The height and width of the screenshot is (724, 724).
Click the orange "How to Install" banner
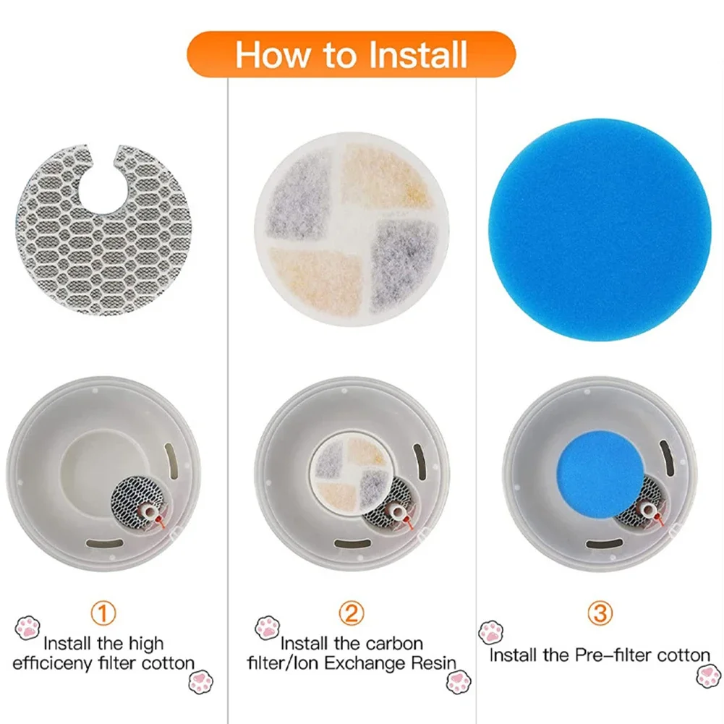tap(352, 54)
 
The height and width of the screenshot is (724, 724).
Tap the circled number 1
tap(103, 614)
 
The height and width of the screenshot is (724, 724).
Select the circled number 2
tap(351, 614)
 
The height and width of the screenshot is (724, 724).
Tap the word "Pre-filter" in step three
tap(614, 656)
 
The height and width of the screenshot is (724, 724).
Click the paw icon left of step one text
tap(27, 626)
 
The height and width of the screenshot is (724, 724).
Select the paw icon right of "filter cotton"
tap(200, 681)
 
